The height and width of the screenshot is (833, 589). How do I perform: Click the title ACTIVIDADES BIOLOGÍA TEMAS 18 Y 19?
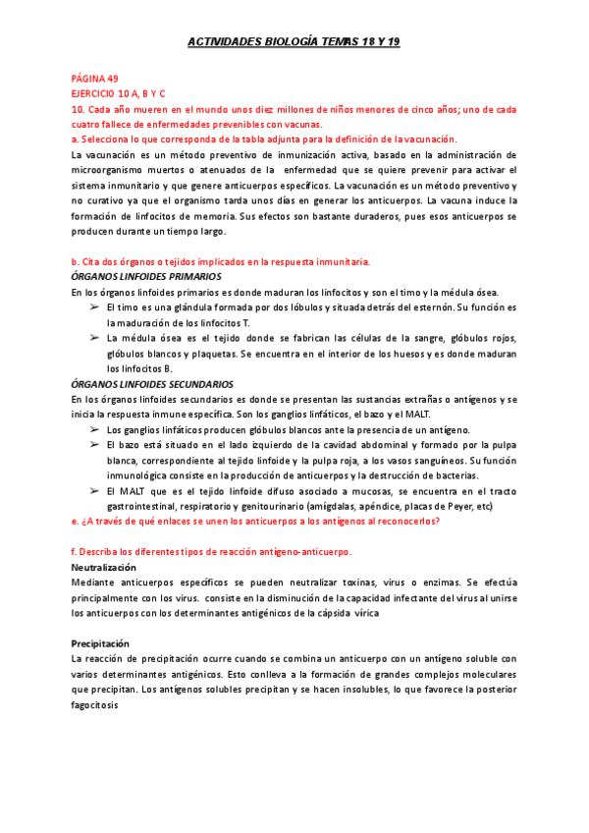(294, 43)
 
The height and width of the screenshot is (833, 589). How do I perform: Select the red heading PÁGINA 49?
(94, 78)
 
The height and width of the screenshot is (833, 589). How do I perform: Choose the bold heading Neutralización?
(104, 568)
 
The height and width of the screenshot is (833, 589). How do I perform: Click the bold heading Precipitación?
(102, 643)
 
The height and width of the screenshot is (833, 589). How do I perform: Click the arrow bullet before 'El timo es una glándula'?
(94, 307)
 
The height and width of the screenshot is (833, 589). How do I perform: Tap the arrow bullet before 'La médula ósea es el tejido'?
(94, 338)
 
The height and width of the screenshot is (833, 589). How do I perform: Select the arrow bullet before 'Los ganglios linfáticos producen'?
(94, 430)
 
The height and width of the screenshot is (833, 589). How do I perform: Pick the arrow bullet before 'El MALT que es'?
(94, 491)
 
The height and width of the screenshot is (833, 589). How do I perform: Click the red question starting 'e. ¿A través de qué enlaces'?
(255, 522)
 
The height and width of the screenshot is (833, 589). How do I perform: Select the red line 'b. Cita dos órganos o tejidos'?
(221, 261)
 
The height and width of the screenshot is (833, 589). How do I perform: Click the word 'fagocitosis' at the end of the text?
(95, 704)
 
